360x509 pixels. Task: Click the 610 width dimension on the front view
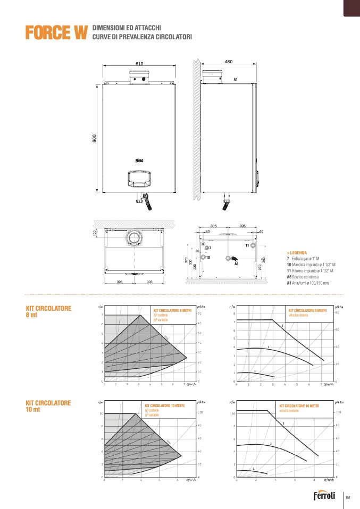(139, 64)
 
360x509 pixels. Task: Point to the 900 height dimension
(94, 139)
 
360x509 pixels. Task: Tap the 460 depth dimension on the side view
(229, 62)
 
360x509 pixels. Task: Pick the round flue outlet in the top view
(135, 237)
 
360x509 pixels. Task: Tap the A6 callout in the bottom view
(237, 264)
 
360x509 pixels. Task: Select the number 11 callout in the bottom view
(247, 245)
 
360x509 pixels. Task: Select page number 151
(348, 497)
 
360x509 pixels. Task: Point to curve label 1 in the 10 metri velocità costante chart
(254, 468)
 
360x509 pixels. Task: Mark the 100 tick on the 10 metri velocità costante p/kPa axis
(337, 412)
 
